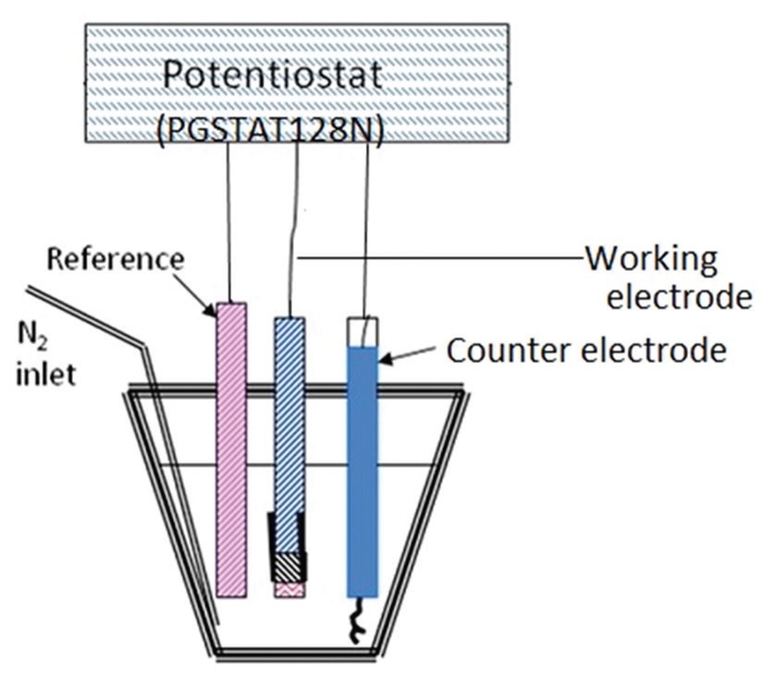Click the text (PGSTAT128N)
click(270, 129)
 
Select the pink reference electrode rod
click(231, 444)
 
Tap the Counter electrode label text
click(584, 351)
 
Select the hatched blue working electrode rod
click(289, 407)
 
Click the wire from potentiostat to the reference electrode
click(227, 222)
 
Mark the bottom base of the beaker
click(296, 653)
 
